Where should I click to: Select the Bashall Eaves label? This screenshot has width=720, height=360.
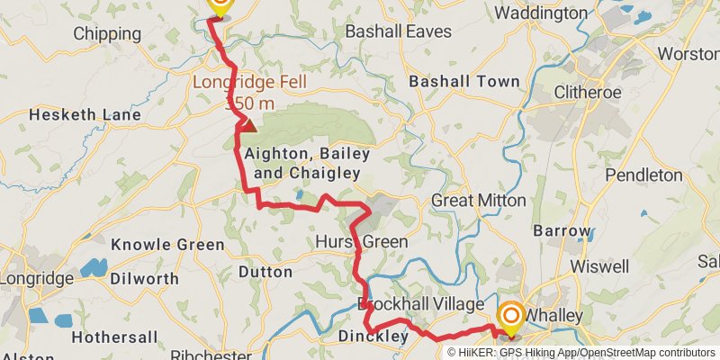point(399,31)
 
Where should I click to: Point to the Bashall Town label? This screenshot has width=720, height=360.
point(464,81)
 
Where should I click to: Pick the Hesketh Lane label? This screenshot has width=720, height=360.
point(85,115)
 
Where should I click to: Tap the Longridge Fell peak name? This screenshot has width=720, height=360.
point(249,84)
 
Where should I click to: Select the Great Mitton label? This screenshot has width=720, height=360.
point(478,200)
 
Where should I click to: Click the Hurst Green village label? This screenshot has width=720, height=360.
point(361,242)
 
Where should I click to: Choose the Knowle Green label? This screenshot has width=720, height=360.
point(167,245)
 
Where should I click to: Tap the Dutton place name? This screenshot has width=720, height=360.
point(265,271)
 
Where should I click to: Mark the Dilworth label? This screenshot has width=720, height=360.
point(144,278)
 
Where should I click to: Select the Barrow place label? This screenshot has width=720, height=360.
point(561,231)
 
